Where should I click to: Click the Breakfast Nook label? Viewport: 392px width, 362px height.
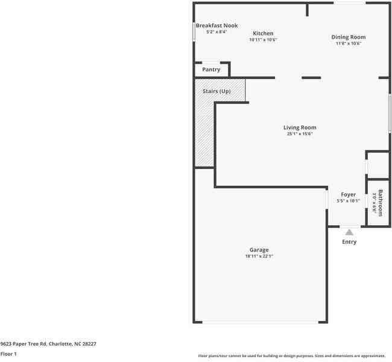point(217,25)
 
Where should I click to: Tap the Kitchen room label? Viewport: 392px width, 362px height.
point(263,33)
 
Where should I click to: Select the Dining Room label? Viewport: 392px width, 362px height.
point(349,37)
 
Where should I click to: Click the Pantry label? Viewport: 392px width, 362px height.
point(211,69)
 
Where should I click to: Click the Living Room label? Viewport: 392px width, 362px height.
point(300,127)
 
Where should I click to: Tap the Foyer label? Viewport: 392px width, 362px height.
point(348,194)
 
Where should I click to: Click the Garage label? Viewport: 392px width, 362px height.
point(259,250)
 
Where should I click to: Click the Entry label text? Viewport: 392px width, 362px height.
point(349,242)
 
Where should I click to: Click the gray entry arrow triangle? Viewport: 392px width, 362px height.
point(349,232)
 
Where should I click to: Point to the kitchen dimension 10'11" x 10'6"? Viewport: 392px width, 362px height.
point(263,40)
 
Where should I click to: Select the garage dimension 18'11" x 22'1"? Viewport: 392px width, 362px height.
point(259,256)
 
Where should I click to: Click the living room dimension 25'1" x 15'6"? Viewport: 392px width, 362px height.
point(300,134)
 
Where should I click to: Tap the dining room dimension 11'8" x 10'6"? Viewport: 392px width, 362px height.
point(349,43)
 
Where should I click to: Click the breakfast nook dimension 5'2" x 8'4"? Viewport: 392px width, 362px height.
point(216,31)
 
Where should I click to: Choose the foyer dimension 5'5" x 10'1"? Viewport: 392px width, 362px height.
point(348,201)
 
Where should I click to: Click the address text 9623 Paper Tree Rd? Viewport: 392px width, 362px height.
point(48,343)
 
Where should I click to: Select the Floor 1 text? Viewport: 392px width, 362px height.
point(8,354)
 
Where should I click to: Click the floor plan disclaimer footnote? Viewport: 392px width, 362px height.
point(292,356)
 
